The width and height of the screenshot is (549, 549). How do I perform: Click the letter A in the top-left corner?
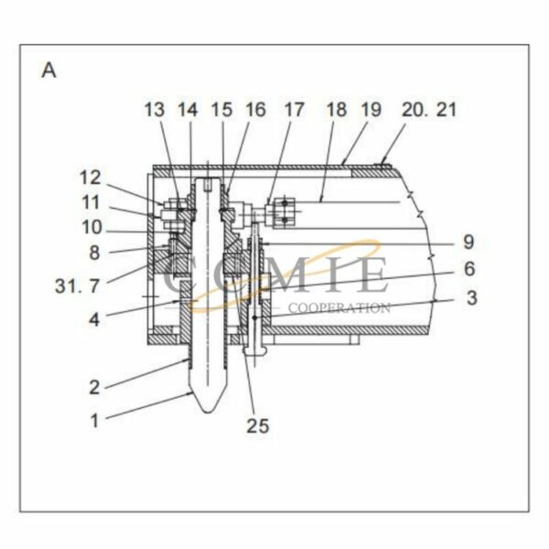tap(48, 70)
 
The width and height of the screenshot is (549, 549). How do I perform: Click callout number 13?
tap(155, 111)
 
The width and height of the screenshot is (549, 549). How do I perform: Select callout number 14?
tap(187, 111)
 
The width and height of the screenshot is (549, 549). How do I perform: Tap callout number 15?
tap(222, 111)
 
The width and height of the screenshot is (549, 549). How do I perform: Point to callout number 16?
tap(254, 111)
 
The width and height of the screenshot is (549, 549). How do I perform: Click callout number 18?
tap(337, 111)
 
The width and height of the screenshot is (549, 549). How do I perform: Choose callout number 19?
tap(371, 111)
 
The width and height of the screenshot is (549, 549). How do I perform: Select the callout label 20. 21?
tap(428, 111)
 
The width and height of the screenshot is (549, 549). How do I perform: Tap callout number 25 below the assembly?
tap(258, 425)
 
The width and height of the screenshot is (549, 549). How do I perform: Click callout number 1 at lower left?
tap(94, 421)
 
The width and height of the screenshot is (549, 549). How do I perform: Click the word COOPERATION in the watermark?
tap(339, 307)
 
